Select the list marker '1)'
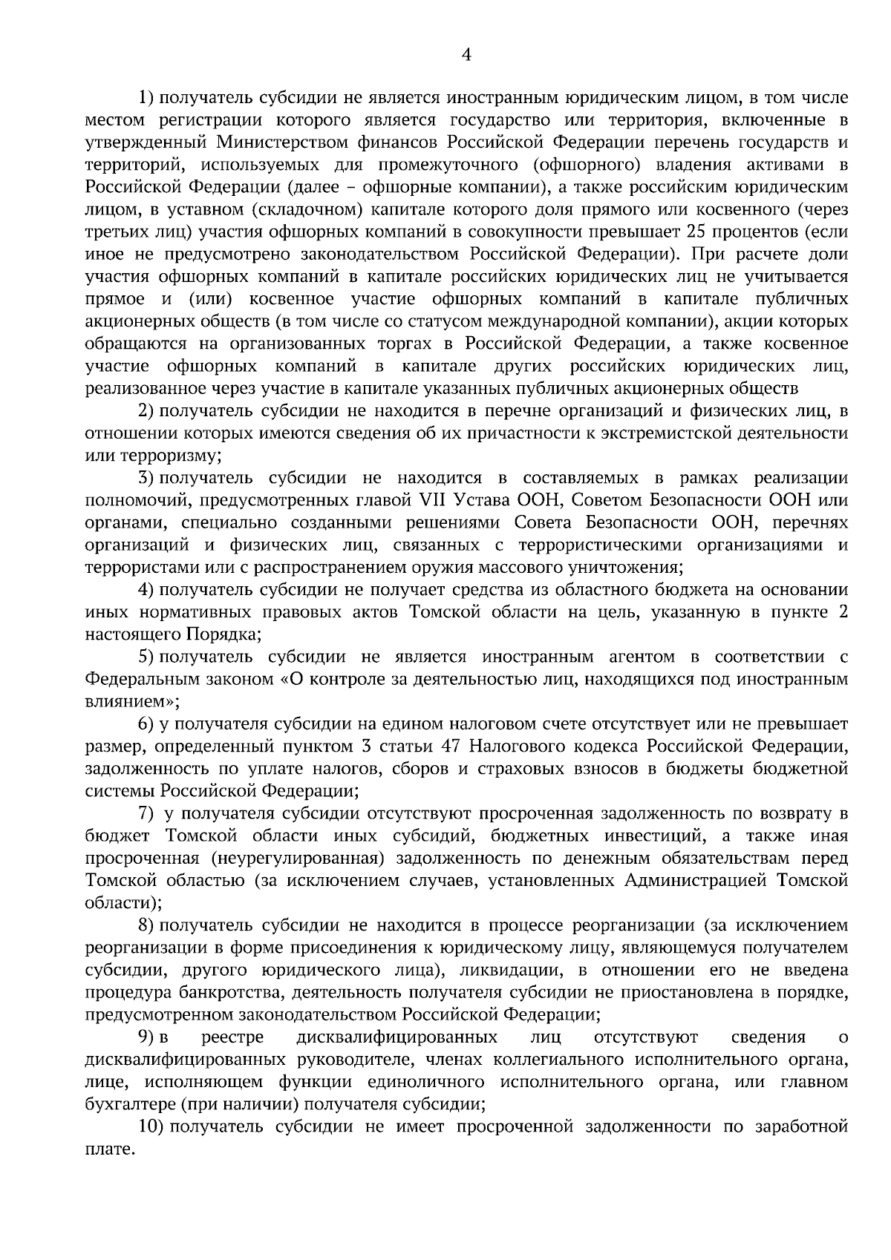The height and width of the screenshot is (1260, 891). coord(147,97)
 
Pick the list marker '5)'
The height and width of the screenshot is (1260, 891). coord(147,656)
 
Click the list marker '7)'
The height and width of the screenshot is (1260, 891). coord(147,813)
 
